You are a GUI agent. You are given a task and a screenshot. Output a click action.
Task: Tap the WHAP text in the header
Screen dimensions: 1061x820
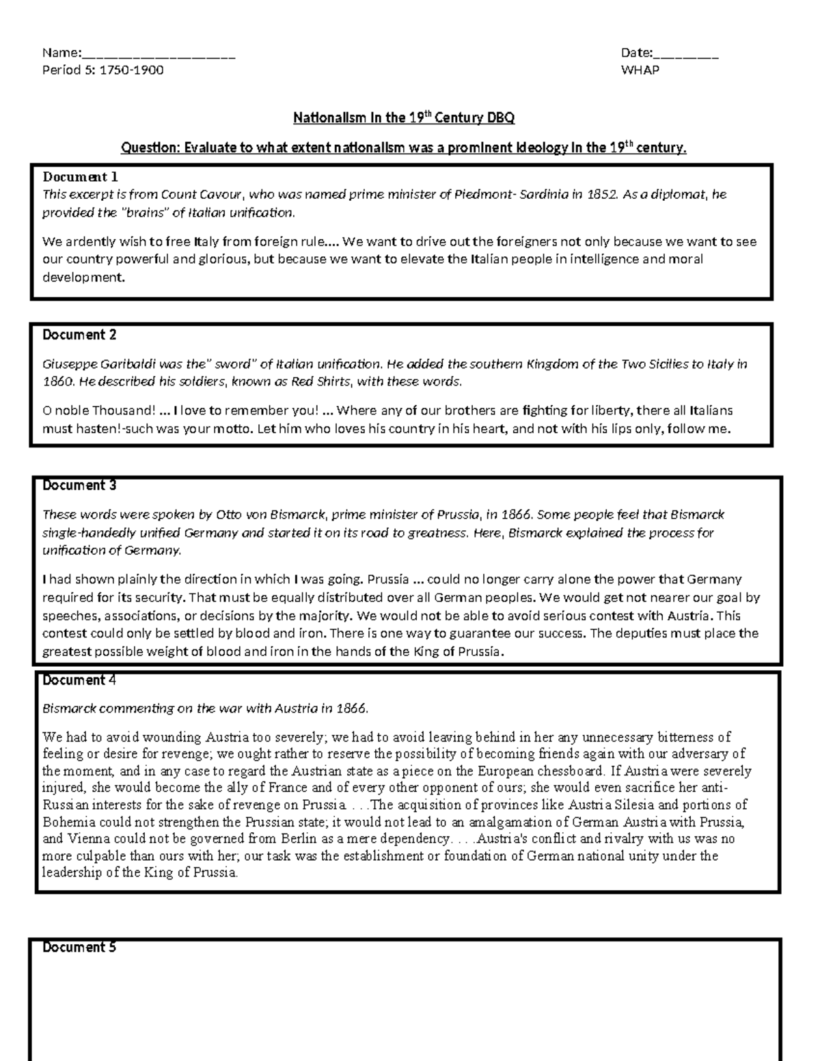pos(640,70)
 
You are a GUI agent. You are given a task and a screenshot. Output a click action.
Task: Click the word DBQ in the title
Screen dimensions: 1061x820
pos(500,118)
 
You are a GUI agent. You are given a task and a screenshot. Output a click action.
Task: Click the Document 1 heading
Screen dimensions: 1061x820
pos(80,177)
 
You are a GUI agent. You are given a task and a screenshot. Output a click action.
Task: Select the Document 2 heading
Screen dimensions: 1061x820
pos(79,335)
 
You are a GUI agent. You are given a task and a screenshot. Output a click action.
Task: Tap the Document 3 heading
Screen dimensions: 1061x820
pos(79,486)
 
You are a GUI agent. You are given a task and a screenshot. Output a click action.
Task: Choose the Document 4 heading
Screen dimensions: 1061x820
pos(79,680)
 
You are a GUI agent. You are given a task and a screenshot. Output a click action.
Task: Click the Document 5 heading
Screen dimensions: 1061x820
pos(79,948)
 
